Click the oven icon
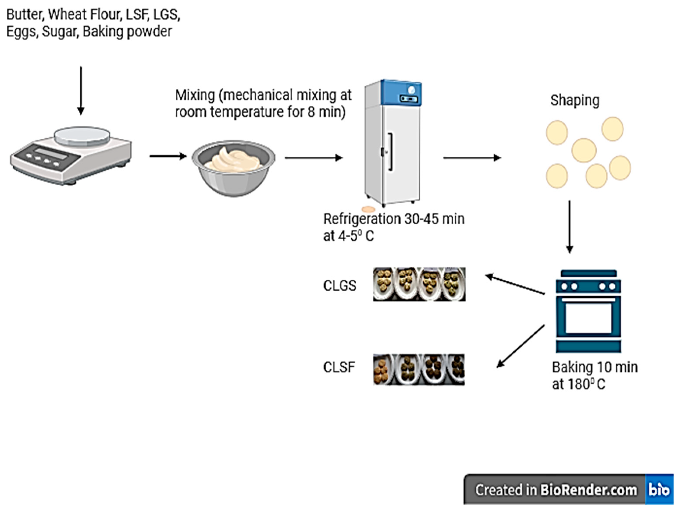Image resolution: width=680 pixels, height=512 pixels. click(588, 311)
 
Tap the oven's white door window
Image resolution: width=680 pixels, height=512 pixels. click(588, 318)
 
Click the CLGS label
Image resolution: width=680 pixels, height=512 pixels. click(340, 286)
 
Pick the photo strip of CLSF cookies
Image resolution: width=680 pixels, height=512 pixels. click(419, 369)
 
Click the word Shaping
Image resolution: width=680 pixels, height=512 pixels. click(575, 100)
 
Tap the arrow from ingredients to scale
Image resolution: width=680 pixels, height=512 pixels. click(81, 91)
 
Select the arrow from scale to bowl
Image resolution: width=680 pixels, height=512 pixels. click(168, 156)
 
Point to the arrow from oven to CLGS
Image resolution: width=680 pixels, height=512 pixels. click(515, 285)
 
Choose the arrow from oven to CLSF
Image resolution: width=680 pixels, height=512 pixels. click(520, 346)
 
